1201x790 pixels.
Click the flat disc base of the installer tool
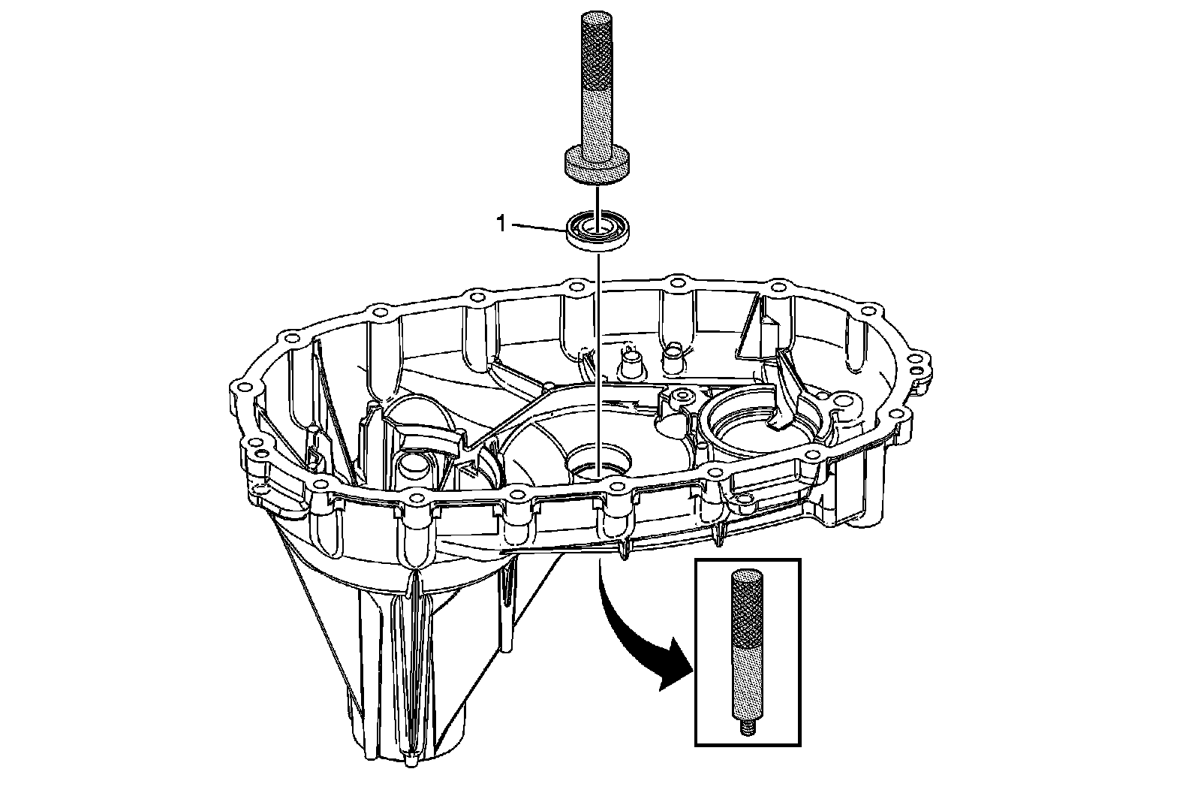(596, 165)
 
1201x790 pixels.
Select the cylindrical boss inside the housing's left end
(411, 467)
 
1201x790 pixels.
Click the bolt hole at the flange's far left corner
(242, 389)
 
